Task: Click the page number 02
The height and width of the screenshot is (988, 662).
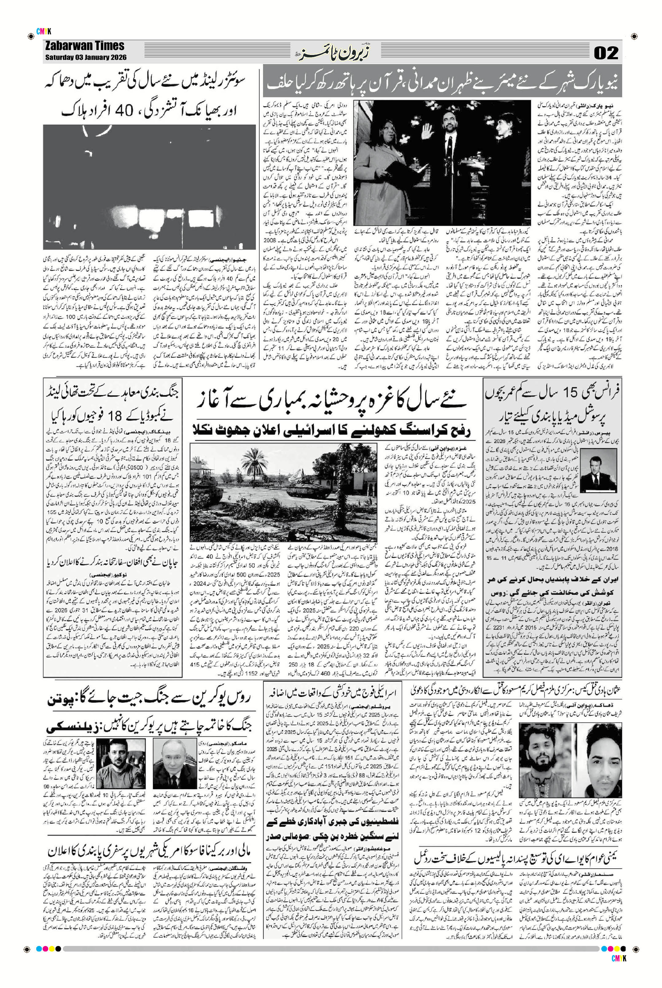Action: pyautogui.click(x=606, y=53)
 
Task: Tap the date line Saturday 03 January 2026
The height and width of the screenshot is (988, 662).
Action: pyautogui.click(x=86, y=58)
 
